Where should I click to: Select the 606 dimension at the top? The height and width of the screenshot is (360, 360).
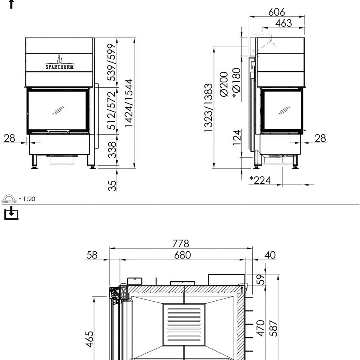277,12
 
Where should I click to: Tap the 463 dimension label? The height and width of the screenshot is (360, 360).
284,23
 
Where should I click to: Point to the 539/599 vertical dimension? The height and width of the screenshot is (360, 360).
112,62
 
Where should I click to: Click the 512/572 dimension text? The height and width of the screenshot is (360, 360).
112,110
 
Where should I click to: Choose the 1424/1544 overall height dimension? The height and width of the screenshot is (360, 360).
128,103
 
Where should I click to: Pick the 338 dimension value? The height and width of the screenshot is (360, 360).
112,150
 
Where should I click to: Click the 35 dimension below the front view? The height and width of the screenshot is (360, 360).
112,186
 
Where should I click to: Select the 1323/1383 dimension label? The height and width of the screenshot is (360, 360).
208,108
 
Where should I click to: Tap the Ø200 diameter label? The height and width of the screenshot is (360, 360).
224,84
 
